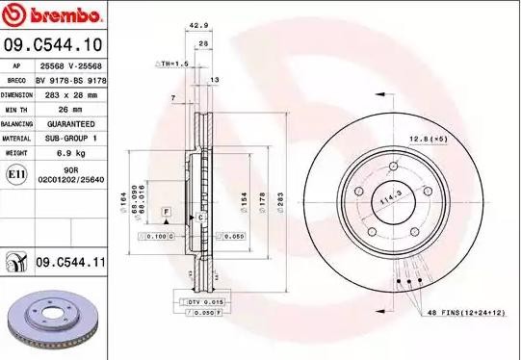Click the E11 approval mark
(x=16, y=173)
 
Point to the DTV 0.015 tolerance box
(x=199, y=303)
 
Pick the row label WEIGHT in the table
(x=16, y=152)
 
